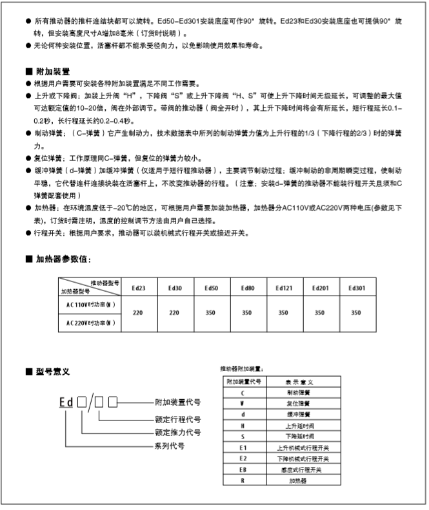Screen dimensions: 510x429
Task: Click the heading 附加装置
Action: [x=52, y=71]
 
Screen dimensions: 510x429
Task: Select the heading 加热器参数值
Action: [x=63, y=259]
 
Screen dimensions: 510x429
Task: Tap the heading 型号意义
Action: [x=52, y=372]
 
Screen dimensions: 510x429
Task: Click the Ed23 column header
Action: [x=138, y=288]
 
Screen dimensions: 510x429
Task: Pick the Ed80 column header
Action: [x=246, y=288]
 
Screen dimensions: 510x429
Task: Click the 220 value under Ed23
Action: [x=137, y=313]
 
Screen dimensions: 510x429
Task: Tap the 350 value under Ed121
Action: [x=283, y=313]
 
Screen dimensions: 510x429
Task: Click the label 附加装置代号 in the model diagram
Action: [x=177, y=402]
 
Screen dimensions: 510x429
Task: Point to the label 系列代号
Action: [x=170, y=446]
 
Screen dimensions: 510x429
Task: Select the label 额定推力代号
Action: [x=177, y=431]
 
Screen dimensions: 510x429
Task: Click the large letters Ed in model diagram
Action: [x=66, y=403]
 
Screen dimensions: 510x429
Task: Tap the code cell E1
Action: [x=243, y=447]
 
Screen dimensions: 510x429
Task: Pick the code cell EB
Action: [x=243, y=470]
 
